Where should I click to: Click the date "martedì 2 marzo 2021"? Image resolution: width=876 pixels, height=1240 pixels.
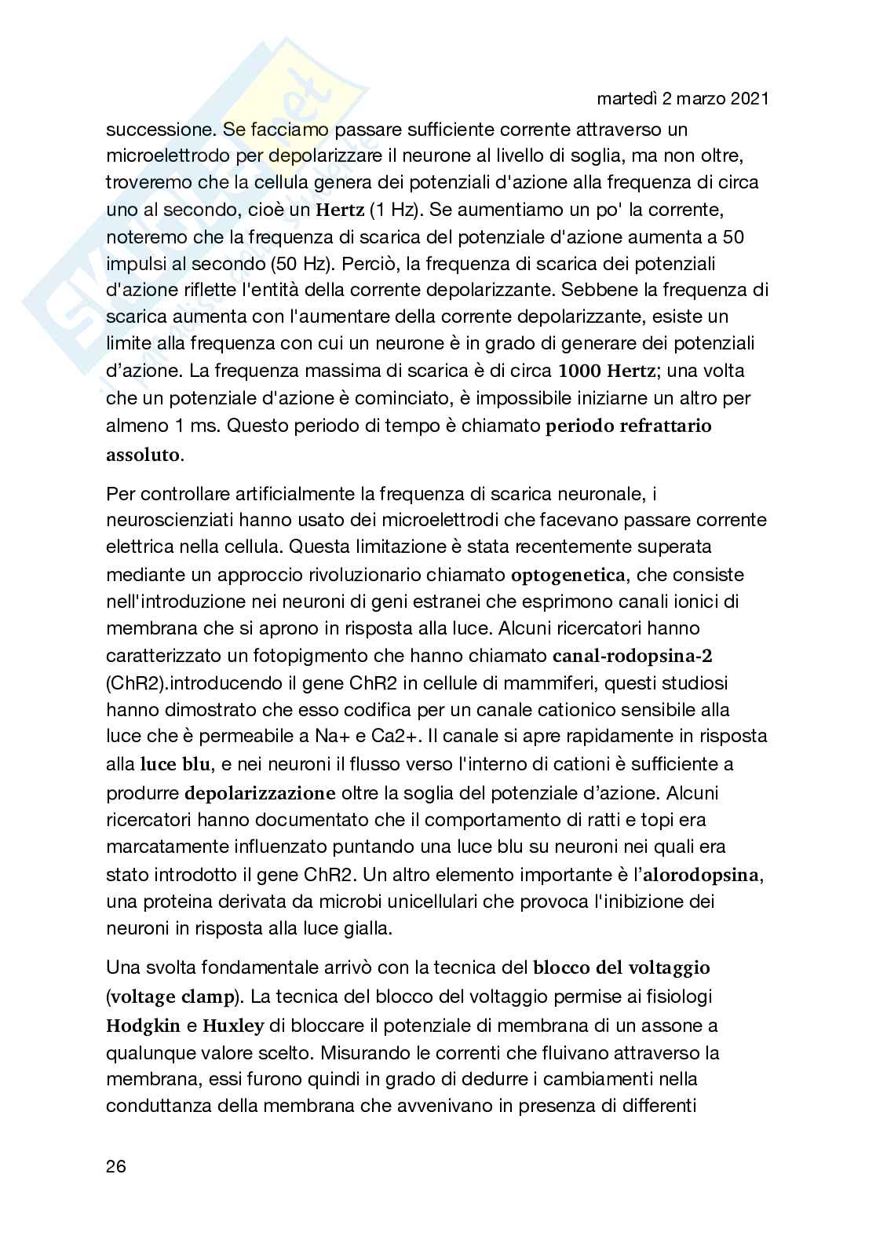[682, 99]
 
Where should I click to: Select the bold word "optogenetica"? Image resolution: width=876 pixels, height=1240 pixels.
[568, 575]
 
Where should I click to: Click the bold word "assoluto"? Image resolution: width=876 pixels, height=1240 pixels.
[143, 455]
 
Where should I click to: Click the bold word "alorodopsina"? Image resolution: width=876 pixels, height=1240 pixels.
[704, 875]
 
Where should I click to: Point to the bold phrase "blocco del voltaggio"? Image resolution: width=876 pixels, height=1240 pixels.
[622, 967]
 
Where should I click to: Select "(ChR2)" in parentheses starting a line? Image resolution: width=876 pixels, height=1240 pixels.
[132, 683]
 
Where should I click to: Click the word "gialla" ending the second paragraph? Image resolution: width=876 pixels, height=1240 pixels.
[367, 928]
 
